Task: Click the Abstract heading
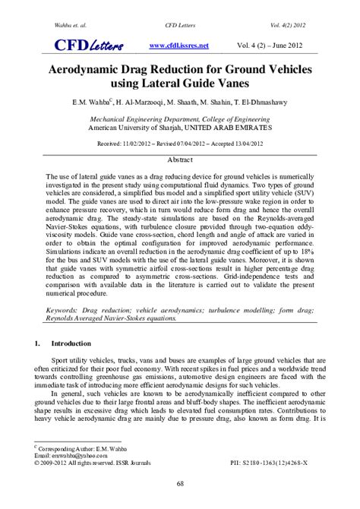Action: pyautogui.click(x=180, y=161)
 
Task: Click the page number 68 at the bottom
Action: pyautogui.click(x=180, y=484)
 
